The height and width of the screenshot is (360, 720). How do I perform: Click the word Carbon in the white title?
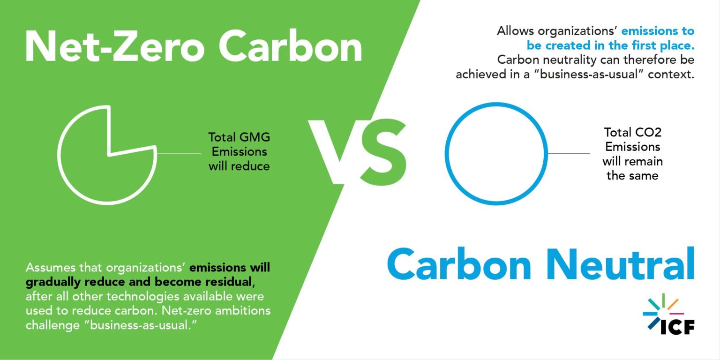(290, 46)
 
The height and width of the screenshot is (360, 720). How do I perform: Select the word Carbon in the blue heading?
(459, 264)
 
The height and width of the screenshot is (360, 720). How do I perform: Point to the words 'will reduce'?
(239, 166)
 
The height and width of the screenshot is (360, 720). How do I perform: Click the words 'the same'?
(632, 176)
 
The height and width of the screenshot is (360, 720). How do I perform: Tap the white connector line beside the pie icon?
(179, 154)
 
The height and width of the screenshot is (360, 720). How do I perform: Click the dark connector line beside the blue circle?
(569, 154)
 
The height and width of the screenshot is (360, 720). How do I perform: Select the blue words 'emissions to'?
(658, 31)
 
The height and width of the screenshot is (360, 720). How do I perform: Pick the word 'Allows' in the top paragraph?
(515, 31)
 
